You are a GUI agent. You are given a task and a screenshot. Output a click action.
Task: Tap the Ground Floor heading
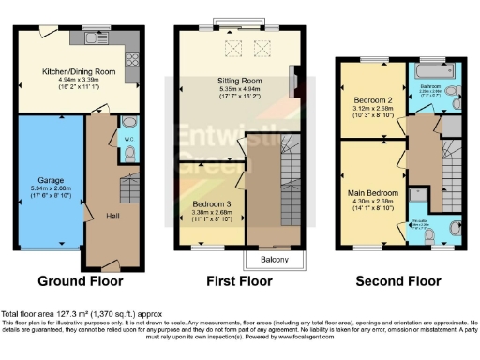coord(74,280)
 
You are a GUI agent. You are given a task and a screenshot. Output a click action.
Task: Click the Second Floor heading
coord(398,280)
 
